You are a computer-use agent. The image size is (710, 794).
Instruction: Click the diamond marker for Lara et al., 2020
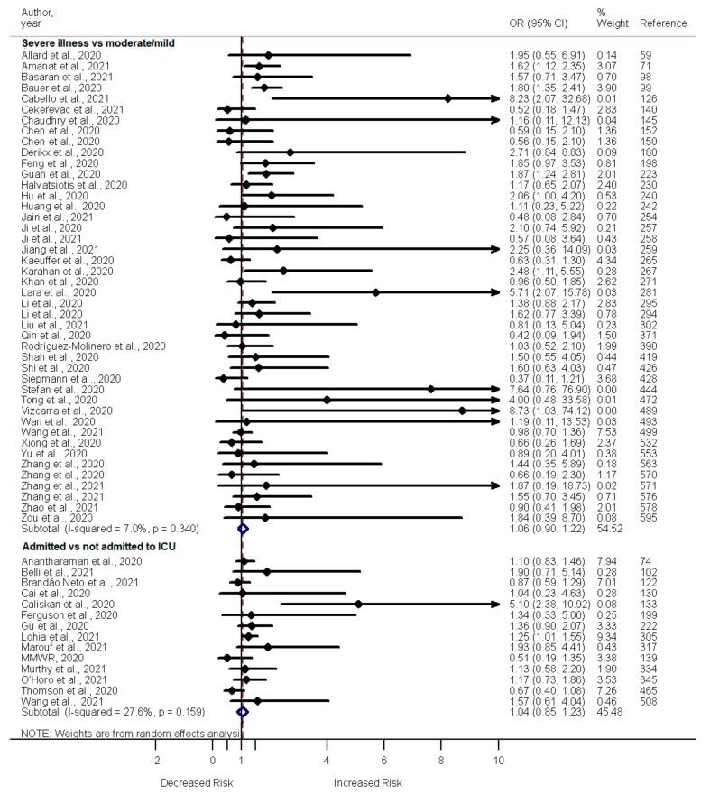(x=376, y=292)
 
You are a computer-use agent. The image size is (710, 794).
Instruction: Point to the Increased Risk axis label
(x=368, y=782)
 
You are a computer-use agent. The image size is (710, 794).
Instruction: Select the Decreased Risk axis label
(x=196, y=782)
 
